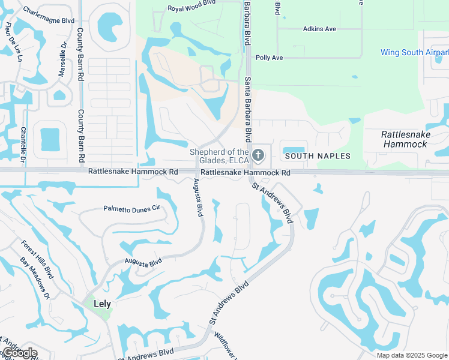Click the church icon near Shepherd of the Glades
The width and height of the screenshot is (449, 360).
click(x=258, y=155)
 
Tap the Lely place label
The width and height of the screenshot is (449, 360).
click(x=103, y=304)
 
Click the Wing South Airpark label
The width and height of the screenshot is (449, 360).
click(x=414, y=53)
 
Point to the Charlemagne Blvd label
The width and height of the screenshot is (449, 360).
click(x=49, y=20)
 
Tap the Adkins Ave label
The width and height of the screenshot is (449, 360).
click(x=320, y=29)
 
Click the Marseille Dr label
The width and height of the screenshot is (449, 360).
click(x=62, y=59)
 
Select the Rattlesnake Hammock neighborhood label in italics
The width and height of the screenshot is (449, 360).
click(x=405, y=139)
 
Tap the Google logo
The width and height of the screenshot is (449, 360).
click(x=19, y=353)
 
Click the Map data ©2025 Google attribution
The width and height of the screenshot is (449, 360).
click(x=411, y=355)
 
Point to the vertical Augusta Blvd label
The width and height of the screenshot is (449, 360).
click(x=199, y=199)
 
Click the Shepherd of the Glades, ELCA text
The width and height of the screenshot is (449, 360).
click(x=219, y=155)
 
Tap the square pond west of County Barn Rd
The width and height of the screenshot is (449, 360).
click(x=50, y=139)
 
